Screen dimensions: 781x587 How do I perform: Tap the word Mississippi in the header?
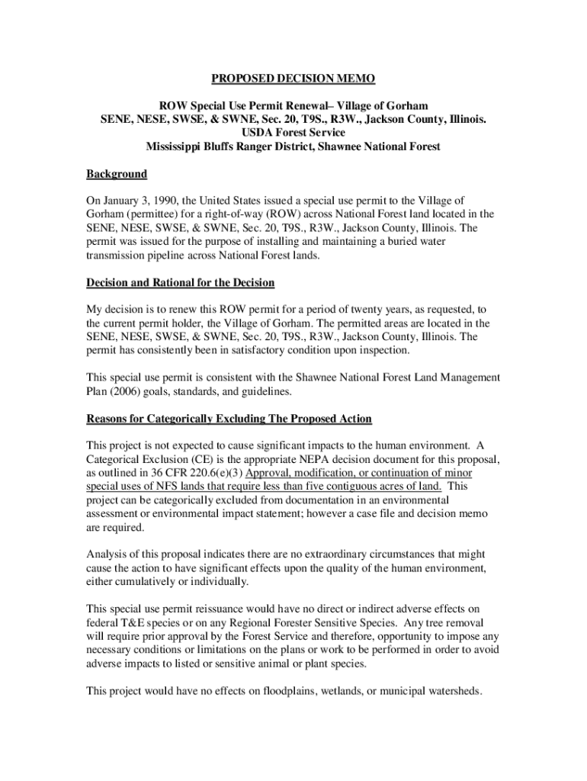(178, 146)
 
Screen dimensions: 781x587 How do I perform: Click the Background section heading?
(117, 174)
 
